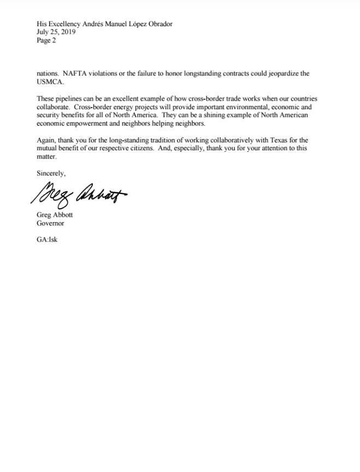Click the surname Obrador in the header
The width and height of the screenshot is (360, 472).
coord(157,24)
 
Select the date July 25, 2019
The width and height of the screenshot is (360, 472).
coord(56,32)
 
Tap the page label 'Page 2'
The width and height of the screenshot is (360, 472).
coord(46,40)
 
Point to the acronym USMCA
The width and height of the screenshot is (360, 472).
coord(50,82)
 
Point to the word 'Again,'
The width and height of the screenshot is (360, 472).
coord(46,140)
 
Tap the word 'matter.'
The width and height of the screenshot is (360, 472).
coord(47,157)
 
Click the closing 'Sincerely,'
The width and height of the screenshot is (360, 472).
coord(51,173)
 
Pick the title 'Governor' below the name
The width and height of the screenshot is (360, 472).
coord(50,223)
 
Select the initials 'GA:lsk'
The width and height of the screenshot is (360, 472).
coord(47,239)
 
